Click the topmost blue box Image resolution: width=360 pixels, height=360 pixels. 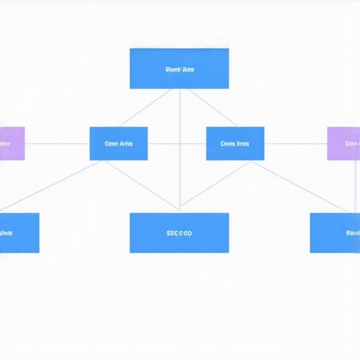pyautogui.click(x=179, y=68)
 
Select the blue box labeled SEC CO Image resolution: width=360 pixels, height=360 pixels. pyautogui.click(x=179, y=233)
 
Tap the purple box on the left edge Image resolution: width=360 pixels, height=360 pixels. pyautogui.click(x=11, y=143)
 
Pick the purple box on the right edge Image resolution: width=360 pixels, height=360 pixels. pyautogui.click(x=344, y=143)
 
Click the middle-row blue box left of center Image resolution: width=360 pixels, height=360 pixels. pyautogui.click(x=119, y=143)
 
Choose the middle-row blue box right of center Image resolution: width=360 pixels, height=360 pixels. pyautogui.click(x=235, y=143)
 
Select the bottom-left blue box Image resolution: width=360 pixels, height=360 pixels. pyautogui.click(x=18, y=233)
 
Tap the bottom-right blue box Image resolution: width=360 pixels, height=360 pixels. pyautogui.click(x=335, y=233)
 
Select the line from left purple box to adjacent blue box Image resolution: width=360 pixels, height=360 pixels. pyautogui.click(x=58, y=143)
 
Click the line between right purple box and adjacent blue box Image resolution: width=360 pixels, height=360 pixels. pyautogui.click(x=295, y=143)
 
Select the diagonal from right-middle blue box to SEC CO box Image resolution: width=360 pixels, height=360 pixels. pyautogui.click(x=214, y=186)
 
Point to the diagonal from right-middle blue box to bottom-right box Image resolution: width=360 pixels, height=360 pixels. pyautogui.click(x=299, y=186)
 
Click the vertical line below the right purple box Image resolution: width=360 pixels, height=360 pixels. pyautogui.click(x=349, y=186)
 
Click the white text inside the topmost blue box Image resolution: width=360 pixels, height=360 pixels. pyautogui.click(x=179, y=70)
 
